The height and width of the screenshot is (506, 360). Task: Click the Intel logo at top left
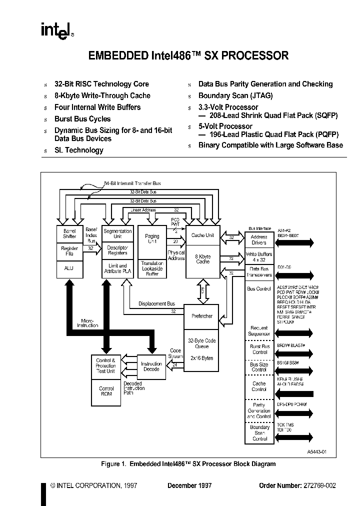click(56, 31)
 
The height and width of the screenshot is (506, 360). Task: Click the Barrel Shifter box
click(69, 233)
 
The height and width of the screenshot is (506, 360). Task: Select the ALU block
click(69, 268)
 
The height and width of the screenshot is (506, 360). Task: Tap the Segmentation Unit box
click(117, 233)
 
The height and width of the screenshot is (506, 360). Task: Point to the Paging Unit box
click(152, 239)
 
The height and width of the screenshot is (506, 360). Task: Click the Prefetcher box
click(202, 316)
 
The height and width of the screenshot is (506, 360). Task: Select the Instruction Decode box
click(151, 366)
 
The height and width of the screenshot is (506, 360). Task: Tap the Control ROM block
click(106, 391)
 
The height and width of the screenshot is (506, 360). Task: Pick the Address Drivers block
click(259, 240)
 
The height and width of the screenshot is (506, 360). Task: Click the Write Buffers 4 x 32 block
click(259, 257)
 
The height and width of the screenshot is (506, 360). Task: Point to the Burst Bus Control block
click(259, 349)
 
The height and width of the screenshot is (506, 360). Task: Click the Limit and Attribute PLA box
click(117, 268)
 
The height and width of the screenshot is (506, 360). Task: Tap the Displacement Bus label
click(156, 303)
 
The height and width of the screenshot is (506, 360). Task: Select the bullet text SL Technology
click(79, 150)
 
